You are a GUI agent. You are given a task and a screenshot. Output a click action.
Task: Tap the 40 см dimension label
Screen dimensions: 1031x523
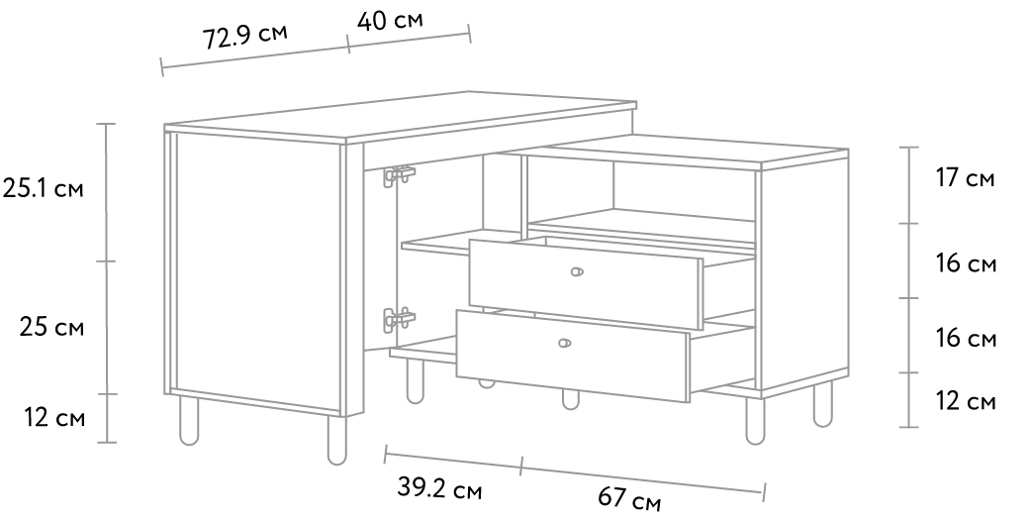pyautogui.click(x=390, y=20)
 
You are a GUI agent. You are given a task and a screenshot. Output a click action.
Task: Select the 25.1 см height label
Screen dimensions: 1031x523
pyautogui.click(x=44, y=189)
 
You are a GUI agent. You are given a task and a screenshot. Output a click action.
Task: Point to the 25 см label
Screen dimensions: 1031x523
pyautogui.click(x=51, y=327)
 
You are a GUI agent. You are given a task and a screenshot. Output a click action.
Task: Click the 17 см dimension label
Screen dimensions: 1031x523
pyautogui.click(x=966, y=178)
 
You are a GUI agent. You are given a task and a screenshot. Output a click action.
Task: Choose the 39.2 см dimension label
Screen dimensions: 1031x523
pyautogui.click(x=439, y=489)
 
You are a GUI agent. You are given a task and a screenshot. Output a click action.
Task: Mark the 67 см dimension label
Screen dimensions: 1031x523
pyautogui.click(x=629, y=498)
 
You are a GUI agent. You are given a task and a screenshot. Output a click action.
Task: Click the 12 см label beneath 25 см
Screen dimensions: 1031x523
pyautogui.click(x=55, y=417)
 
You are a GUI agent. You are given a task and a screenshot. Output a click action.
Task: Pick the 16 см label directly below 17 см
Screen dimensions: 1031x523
pyautogui.click(x=966, y=263)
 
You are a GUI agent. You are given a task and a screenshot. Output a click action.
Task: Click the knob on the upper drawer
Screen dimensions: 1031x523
pyautogui.click(x=577, y=271)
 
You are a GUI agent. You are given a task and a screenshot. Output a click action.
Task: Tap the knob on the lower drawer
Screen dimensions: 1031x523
pyautogui.click(x=564, y=343)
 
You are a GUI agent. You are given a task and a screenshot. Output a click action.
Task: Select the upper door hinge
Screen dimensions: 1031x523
pyautogui.click(x=400, y=175)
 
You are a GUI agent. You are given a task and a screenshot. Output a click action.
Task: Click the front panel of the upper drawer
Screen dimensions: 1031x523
pyautogui.click(x=586, y=283)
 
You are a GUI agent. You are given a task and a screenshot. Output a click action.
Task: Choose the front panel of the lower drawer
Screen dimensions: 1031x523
pyautogui.click(x=573, y=356)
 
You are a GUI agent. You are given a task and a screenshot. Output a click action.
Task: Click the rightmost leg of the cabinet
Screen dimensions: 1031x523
pyautogui.click(x=822, y=404)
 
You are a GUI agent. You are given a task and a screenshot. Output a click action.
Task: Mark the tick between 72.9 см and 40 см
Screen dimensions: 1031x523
pyautogui.click(x=348, y=43)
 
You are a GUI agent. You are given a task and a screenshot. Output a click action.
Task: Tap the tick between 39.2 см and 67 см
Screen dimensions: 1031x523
pyautogui.click(x=521, y=466)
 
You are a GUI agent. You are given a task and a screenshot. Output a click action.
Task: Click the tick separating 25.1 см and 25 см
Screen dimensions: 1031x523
pyautogui.click(x=107, y=261)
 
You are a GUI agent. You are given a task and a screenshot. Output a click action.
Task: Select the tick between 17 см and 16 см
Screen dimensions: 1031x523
pyautogui.click(x=908, y=224)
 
